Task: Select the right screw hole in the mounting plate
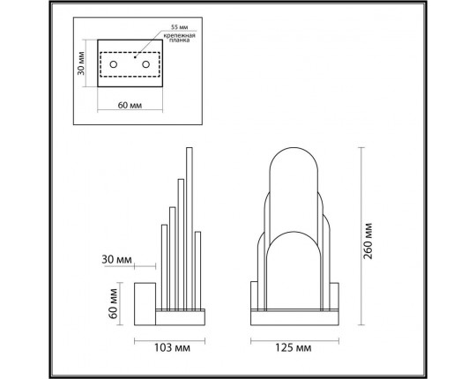coord(143,64)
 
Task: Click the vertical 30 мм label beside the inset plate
coord(80,64)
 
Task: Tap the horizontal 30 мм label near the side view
coord(116,259)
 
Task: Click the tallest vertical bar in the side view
coord(188,229)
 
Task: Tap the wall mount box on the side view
coord(145,300)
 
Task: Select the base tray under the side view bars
coord(182,311)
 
